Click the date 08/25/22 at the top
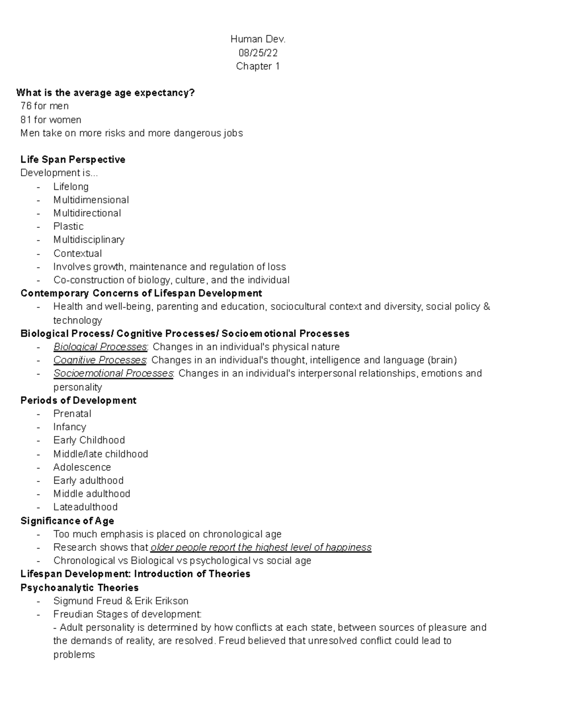coord(258,53)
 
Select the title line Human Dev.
coord(258,40)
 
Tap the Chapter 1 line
coord(258,66)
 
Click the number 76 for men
coord(26,106)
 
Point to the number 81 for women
coord(26,120)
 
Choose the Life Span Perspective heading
coord(73,159)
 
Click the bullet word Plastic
coord(68,226)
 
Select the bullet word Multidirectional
coord(87,213)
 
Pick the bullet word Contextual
coord(77,254)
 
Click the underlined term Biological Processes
coord(100,347)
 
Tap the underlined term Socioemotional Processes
coord(113,374)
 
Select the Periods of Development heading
coord(78,400)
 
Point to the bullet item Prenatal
coord(72,414)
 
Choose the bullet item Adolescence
coord(82,467)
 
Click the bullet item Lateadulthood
coord(85,507)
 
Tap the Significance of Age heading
coord(67,521)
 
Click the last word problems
coord(74,655)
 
